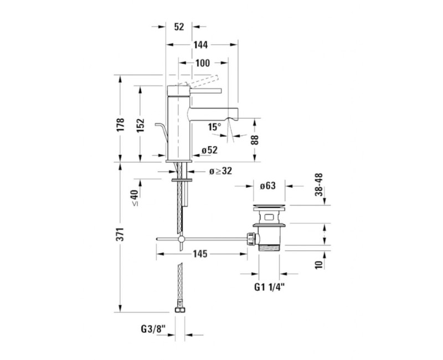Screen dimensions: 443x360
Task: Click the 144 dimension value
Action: point(200,45)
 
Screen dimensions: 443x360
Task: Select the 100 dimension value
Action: point(203,63)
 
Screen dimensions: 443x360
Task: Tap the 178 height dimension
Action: point(120,125)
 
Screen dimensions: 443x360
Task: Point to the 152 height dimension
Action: point(141,125)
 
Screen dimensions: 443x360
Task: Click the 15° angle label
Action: point(215,127)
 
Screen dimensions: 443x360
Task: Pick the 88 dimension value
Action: point(255,140)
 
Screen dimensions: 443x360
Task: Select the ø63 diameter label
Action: point(267,186)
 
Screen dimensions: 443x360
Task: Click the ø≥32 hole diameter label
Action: point(220,171)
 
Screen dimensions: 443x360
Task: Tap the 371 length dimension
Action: point(120,234)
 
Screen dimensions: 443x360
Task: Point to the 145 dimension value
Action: point(200,254)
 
